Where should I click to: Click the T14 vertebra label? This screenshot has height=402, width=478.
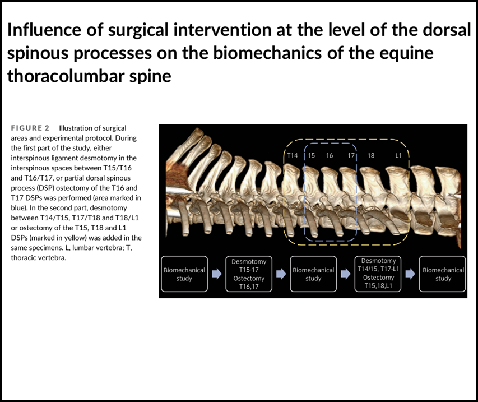tap(292, 155)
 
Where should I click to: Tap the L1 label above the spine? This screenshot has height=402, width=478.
tap(398, 155)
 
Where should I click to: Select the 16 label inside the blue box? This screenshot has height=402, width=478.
tap(330, 155)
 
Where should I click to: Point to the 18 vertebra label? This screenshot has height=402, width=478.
tap(371, 155)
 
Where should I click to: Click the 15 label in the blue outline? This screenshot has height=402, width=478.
tap(311, 155)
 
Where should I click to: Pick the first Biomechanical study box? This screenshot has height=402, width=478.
tap(184, 274)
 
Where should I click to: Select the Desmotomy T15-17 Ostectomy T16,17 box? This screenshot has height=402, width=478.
tap(249, 274)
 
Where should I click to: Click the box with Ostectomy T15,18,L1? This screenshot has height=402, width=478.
tap(378, 274)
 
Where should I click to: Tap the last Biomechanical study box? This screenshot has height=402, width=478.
tap(443, 274)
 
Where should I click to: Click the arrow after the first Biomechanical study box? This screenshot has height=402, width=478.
tap(217, 274)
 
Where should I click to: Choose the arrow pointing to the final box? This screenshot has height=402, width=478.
tap(410, 274)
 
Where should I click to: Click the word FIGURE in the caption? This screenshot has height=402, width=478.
tap(26, 128)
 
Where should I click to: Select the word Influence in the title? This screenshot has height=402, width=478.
tap(44, 30)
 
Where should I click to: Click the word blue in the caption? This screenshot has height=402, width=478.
tap(17, 207)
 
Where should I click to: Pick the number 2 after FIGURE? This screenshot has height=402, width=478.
tap(47, 128)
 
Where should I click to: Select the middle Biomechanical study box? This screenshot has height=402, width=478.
tap(313, 274)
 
